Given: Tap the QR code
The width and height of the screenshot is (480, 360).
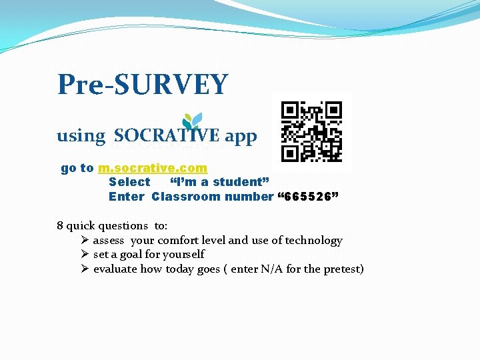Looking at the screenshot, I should pyautogui.click(x=311, y=132).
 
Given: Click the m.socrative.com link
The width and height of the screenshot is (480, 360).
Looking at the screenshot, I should pyautogui.click(x=153, y=168).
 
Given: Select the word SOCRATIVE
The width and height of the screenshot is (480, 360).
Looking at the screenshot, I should pyautogui.click(x=167, y=136).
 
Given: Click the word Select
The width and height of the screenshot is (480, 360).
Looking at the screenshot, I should pyautogui.click(x=129, y=182).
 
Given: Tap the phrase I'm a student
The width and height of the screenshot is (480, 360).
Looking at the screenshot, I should pyautogui.click(x=219, y=182).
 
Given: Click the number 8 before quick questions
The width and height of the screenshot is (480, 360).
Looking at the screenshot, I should pyautogui.click(x=60, y=226).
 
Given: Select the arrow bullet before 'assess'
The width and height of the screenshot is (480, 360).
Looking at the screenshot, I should pyautogui.click(x=85, y=240).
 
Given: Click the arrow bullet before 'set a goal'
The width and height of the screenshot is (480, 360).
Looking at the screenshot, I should pyautogui.click(x=85, y=254).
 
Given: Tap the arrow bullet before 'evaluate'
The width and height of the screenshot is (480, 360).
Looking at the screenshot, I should pyautogui.click(x=85, y=269).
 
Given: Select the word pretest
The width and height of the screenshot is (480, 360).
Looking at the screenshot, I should pyautogui.click(x=342, y=269).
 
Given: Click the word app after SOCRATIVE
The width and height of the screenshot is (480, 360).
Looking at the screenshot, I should pyautogui.click(x=241, y=137).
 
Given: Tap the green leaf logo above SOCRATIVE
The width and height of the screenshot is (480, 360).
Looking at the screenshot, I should pyautogui.click(x=193, y=120).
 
